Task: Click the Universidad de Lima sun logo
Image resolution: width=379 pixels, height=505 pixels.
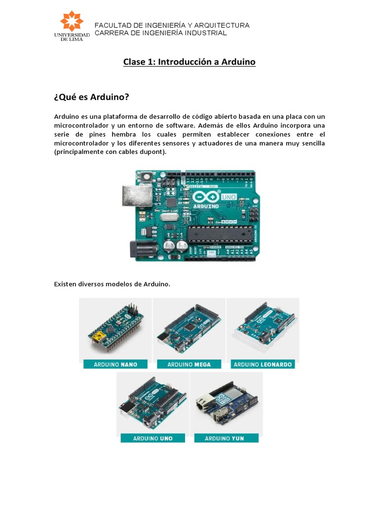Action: tap(72, 22)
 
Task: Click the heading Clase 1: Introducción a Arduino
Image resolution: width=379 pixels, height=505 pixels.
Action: tap(189, 62)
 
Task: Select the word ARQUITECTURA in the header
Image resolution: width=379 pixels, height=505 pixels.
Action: tap(222, 25)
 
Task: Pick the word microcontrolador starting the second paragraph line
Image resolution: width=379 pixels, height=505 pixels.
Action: tap(82, 125)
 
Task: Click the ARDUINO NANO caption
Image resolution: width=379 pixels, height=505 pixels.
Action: tap(115, 364)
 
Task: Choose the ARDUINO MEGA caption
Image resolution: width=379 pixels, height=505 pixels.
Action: tap(189, 364)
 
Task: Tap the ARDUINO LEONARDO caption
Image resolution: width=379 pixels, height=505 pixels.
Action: tap(263, 364)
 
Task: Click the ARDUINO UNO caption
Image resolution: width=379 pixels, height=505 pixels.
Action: tap(152, 438)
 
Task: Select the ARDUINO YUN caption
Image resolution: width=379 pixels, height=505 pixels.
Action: tap(226, 438)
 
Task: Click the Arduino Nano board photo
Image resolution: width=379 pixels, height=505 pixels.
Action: tap(115, 327)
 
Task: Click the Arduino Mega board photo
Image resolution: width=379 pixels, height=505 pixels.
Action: tap(189, 327)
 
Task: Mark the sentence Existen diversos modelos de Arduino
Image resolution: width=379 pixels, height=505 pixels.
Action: tap(112, 284)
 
